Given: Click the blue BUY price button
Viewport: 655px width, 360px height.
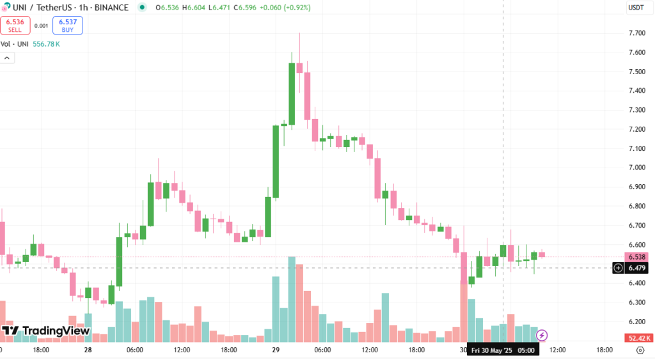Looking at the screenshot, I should pos(67,26).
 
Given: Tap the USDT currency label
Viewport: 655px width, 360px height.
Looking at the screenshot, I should pos(636,8).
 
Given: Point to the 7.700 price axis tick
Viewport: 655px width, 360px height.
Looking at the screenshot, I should pos(636,33).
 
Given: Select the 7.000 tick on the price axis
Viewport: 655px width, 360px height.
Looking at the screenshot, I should pos(636,168).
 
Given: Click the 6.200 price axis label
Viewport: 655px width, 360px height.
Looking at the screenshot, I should pos(636,322).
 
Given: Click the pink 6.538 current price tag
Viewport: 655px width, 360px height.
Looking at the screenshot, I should pos(636,256).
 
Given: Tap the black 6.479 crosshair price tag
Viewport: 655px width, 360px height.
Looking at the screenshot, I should pos(636,268).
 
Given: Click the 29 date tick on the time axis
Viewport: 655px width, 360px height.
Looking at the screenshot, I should pos(276,350).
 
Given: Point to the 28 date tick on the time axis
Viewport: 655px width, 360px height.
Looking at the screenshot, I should pos(88,350).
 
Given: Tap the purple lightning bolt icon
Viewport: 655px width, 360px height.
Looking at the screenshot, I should pos(542,334).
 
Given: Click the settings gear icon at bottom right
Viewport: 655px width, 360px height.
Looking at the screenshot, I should pos(640,350).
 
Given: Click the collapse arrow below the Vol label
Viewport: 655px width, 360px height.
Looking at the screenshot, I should pos(7,58).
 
